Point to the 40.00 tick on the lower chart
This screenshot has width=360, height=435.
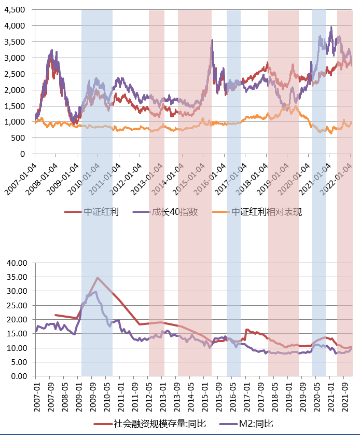click(x=17, y=263)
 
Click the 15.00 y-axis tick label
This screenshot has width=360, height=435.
click(x=17, y=334)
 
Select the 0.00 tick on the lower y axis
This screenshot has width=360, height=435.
click(x=19, y=376)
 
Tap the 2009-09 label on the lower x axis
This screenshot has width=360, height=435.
click(x=93, y=395)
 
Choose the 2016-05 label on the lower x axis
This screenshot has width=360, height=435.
click(x=232, y=395)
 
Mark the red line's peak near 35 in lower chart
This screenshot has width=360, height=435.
click(x=97, y=278)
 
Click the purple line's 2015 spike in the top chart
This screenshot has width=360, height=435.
click(x=212, y=40)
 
